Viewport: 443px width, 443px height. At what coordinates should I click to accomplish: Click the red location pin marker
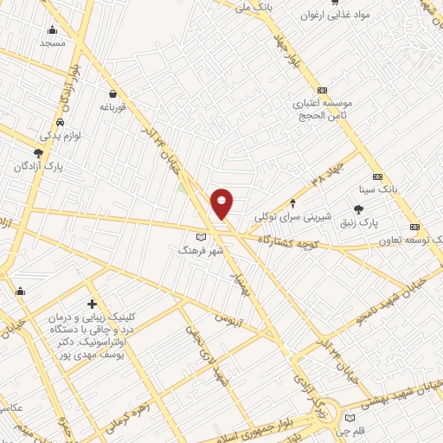[221, 202]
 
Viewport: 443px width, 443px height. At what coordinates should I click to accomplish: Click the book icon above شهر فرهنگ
[202, 235]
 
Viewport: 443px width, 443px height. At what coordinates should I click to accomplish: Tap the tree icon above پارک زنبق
[359, 209]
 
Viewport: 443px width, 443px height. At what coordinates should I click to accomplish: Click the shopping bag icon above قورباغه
[112, 94]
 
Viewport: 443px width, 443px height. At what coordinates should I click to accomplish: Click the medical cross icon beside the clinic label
[92, 304]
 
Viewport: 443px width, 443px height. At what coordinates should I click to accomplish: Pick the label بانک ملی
[254, 5]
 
